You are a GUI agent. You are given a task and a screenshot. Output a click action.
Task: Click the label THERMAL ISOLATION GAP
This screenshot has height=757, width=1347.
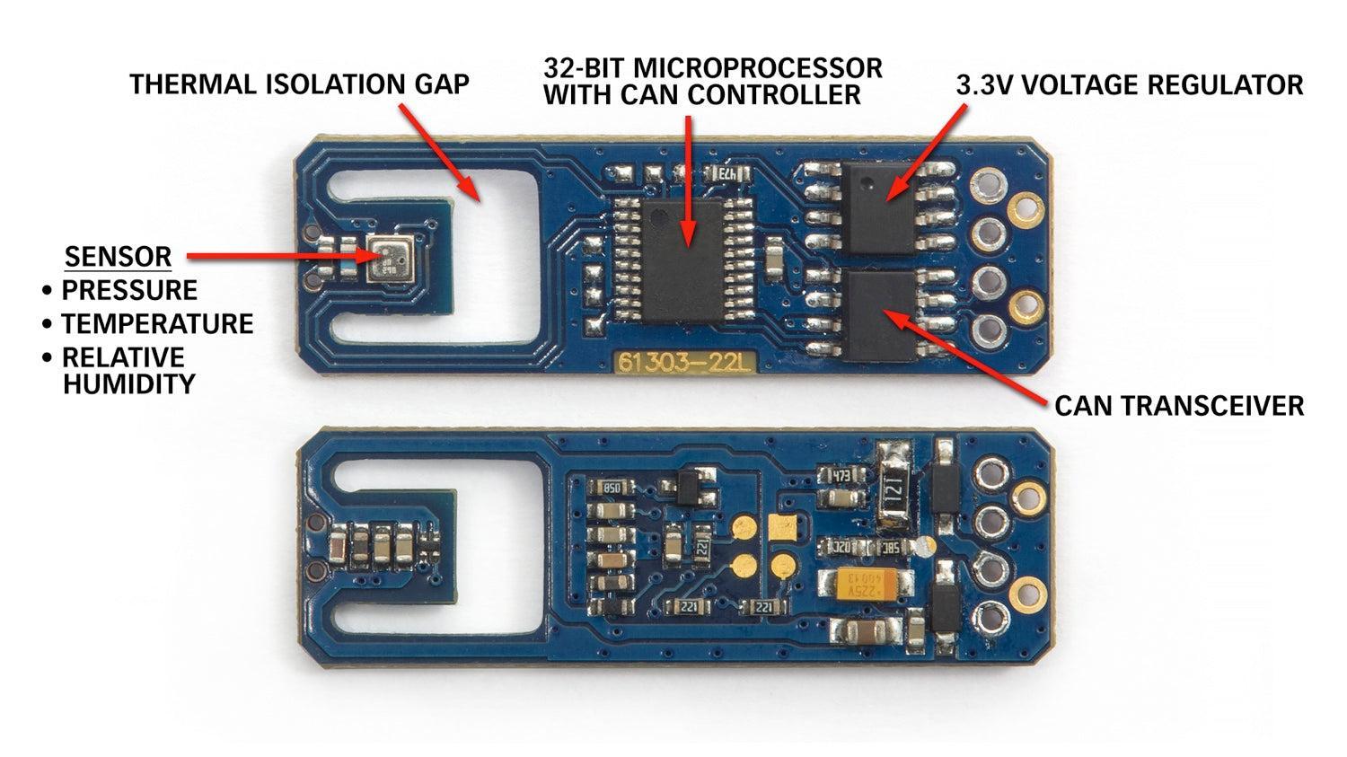tap(299, 84)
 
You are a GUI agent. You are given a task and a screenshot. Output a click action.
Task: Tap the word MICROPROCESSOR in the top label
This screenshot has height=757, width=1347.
tap(758, 68)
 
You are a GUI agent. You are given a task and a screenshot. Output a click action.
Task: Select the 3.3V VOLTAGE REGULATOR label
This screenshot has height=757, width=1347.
tap(1130, 84)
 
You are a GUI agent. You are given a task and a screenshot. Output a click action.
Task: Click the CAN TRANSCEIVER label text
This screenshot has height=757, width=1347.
tap(1179, 406)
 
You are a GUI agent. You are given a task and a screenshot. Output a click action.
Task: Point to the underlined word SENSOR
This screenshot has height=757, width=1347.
tap(119, 257)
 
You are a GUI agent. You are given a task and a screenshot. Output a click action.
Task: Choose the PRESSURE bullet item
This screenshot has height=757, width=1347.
tap(129, 290)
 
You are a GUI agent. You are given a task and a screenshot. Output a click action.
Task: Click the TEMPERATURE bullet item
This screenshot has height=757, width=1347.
tap(157, 324)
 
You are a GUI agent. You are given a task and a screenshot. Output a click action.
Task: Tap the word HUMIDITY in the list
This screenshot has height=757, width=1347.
tap(129, 384)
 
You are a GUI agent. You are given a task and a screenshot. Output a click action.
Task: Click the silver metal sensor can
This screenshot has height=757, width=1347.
tap(389, 260)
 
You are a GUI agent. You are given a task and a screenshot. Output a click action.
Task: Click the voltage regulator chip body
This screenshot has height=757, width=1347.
tap(878, 208)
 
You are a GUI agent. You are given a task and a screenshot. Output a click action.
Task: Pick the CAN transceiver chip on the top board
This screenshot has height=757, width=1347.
tap(879, 315)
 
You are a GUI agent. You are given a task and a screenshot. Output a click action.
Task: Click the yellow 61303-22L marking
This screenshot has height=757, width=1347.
tap(685, 363)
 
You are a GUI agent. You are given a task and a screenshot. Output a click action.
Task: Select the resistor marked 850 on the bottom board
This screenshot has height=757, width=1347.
tap(611, 487)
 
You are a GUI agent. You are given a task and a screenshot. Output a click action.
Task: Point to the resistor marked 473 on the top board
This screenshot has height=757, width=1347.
tap(728, 174)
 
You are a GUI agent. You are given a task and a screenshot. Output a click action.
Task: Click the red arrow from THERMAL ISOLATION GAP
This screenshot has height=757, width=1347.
tap(440, 154)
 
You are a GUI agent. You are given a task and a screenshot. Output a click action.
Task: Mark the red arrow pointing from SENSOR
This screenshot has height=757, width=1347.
tap(286, 256)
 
